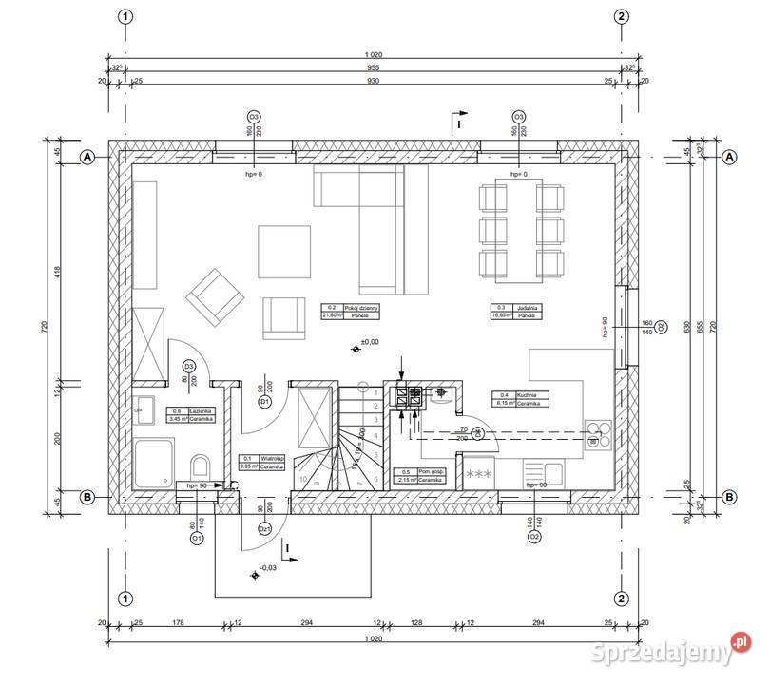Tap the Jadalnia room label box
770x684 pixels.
(516, 312)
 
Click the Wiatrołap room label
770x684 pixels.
(260, 462)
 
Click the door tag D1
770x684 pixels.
(266, 402)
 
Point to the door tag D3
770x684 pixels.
(189, 366)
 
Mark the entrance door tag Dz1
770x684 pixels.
(267, 529)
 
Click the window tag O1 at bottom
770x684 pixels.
(197, 538)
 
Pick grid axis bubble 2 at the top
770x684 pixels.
(621, 16)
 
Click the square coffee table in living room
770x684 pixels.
(285, 250)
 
